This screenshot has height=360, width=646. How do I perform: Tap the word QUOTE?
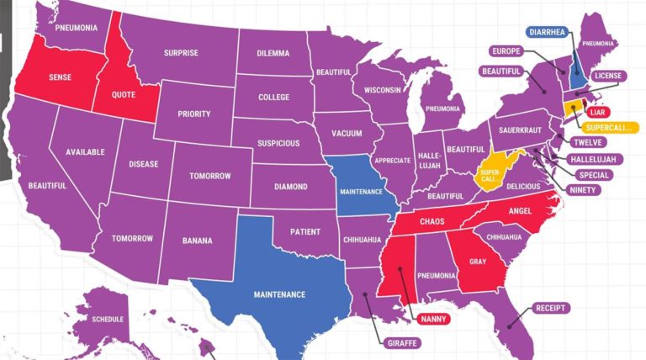tap(123, 95)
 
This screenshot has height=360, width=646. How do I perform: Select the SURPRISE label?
tap(181, 53)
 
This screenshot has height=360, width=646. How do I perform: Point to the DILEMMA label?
tap(273, 54)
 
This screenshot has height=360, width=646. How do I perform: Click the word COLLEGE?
tap(273, 97)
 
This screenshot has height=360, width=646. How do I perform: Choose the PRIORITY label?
tap(193, 114)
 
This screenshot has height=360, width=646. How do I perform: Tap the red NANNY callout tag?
tap(433, 319)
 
